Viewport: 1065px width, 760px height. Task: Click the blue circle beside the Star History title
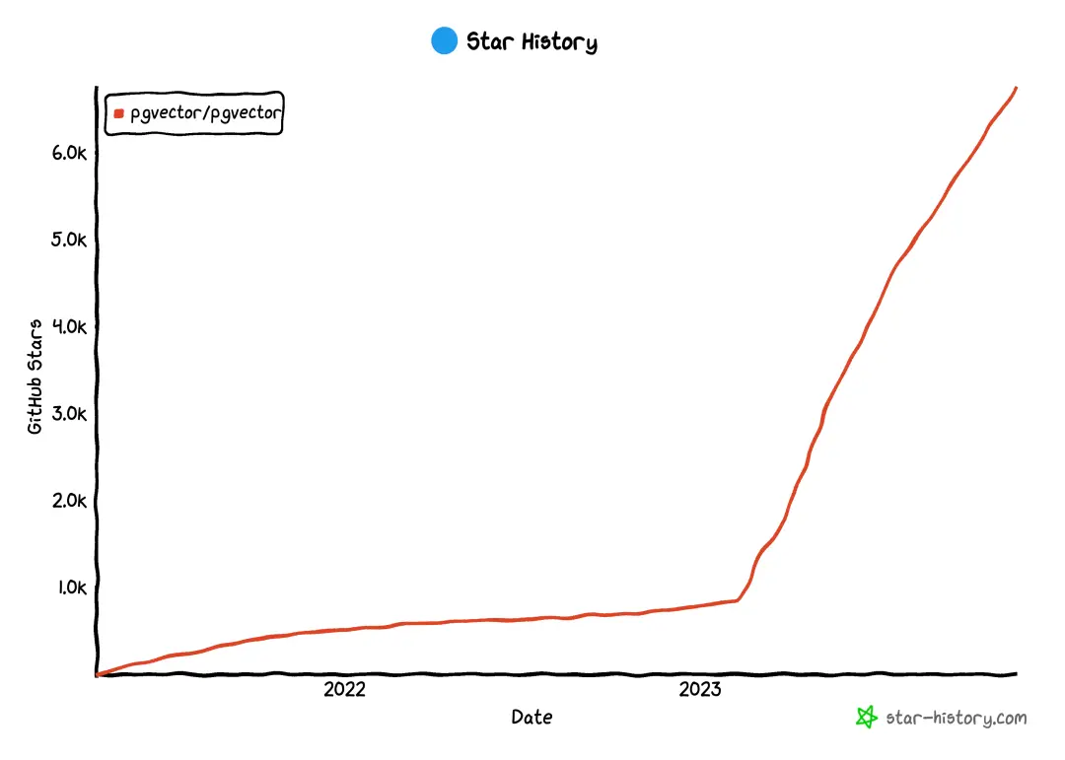pyautogui.click(x=445, y=41)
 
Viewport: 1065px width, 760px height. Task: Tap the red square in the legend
pyautogui.click(x=119, y=113)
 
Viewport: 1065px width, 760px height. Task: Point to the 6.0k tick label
pyautogui.click(x=70, y=154)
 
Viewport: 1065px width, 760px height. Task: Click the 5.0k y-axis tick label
pyautogui.click(x=70, y=241)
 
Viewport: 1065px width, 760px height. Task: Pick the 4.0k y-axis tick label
pyautogui.click(x=70, y=327)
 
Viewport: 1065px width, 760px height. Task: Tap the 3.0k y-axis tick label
pyautogui.click(x=70, y=414)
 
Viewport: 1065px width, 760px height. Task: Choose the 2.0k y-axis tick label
pyautogui.click(x=70, y=501)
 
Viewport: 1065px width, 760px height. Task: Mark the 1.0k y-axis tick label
pyautogui.click(x=70, y=587)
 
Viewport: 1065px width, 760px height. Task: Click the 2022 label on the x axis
pyautogui.click(x=344, y=690)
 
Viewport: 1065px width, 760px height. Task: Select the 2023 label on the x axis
pyautogui.click(x=700, y=690)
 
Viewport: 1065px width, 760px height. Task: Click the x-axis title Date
pyautogui.click(x=532, y=718)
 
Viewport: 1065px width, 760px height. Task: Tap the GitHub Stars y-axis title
pyautogui.click(x=35, y=377)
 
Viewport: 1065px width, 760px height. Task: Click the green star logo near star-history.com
pyautogui.click(x=866, y=718)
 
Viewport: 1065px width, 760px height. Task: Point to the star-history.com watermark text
pyautogui.click(x=957, y=718)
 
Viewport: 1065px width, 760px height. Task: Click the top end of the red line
pyautogui.click(x=1017, y=88)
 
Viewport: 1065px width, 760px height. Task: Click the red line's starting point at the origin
pyautogui.click(x=97, y=674)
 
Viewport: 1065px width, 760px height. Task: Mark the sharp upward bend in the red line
pyautogui.click(x=740, y=598)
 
